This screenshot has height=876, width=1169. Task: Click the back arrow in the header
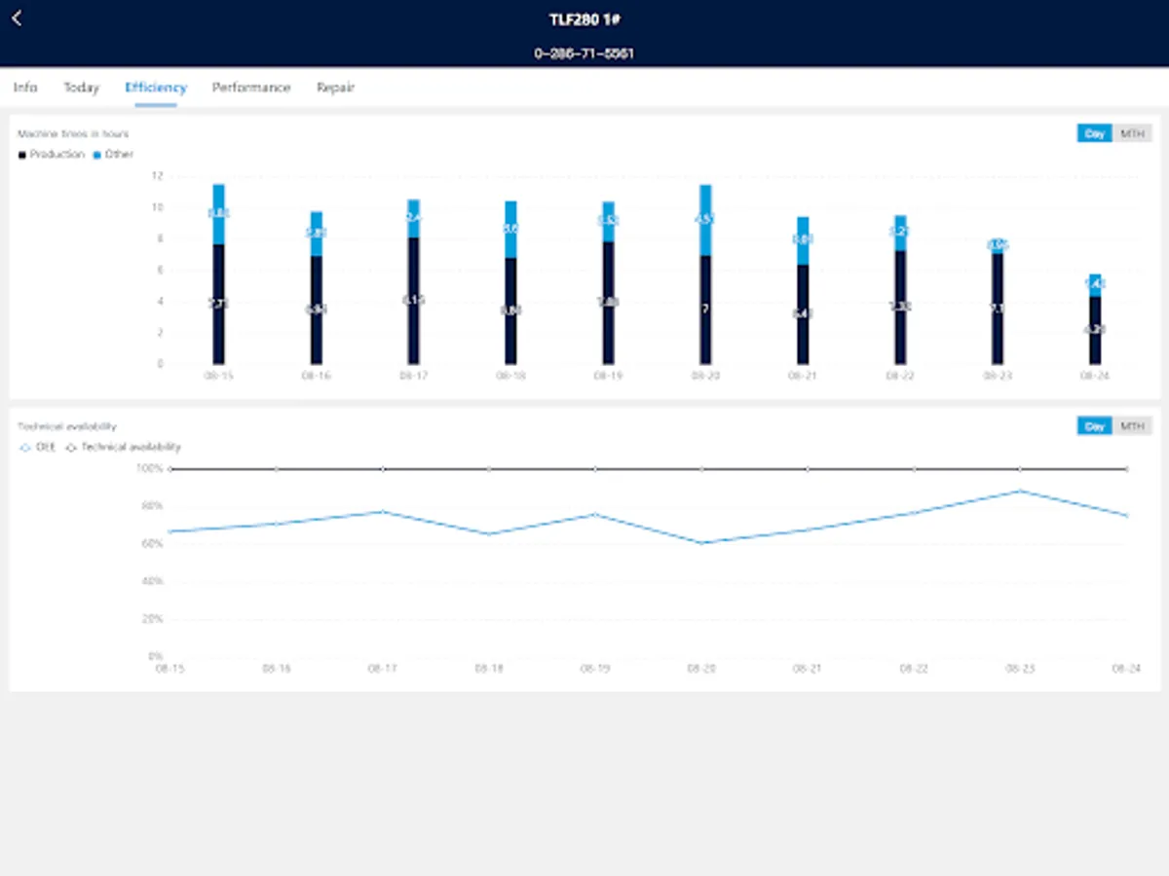point(17,18)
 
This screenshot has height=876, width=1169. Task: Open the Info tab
point(25,88)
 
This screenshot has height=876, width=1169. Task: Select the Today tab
point(82,88)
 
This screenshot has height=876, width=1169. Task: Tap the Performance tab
point(251,88)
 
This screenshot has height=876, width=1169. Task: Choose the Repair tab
point(335,88)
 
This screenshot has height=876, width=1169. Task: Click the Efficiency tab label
point(156,88)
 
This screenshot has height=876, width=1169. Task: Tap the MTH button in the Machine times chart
point(1132,133)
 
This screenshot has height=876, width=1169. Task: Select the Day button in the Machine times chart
point(1094,133)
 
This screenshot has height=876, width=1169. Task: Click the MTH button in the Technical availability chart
point(1132,426)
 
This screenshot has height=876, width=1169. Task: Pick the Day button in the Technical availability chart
point(1094,426)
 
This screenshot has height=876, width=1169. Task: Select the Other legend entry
point(114,155)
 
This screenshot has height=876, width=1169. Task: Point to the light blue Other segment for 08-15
point(218,214)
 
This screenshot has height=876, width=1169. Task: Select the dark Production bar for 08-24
point(1095,331)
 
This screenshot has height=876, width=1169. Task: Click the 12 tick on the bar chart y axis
point(157,176)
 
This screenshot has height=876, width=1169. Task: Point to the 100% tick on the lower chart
point(150,468)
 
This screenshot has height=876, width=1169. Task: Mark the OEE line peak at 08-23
point(1020,491)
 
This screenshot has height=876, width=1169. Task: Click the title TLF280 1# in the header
point(584,18)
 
